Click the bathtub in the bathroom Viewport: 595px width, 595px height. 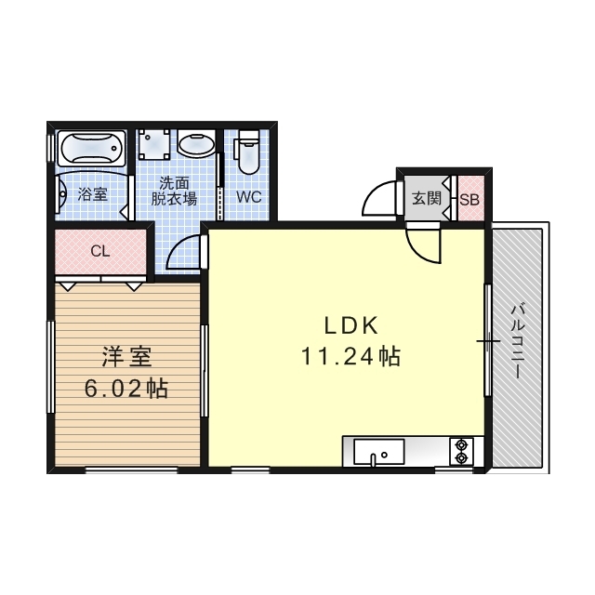(x=91, y=148)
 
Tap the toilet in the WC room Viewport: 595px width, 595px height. (x=247, y=152)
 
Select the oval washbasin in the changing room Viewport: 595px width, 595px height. (x=196, y=144)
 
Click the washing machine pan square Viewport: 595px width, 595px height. (x=153, y=145)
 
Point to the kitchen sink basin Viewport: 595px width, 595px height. (x=378, y=452)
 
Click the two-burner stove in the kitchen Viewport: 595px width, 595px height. (x=461, y=452)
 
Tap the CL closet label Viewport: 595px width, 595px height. (x=100, y=251)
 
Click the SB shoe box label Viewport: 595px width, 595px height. (x=469, y=200)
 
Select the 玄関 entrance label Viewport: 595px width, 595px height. (x=427, y=198)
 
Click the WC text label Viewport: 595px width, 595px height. (x=249, y=197)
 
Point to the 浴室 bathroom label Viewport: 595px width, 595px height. (x=93, y=194)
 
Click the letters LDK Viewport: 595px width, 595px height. (x=351, y=325)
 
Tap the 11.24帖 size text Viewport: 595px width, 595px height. (x=350, y=357)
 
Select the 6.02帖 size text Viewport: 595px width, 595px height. (x=126, y=389)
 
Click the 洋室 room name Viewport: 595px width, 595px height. (x=126, y=357)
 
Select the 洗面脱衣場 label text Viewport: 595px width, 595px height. (x=174, y=191)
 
